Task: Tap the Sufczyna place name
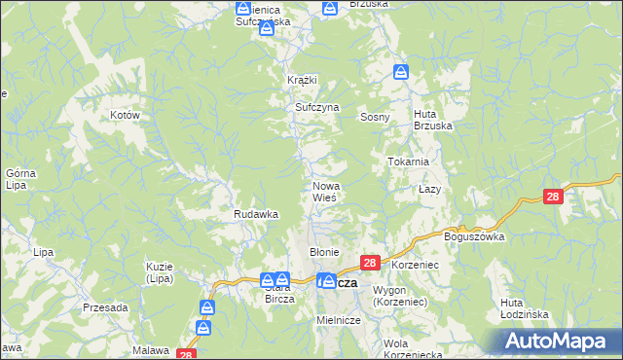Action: pos(316,107)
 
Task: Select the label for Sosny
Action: pos(375,117)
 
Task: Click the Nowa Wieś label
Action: pos(325,192)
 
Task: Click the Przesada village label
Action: pos(105,307)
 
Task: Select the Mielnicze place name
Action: pos(339,320)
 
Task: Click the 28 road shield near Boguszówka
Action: pos(553,197)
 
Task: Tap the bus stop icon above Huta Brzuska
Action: pos(400,71)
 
